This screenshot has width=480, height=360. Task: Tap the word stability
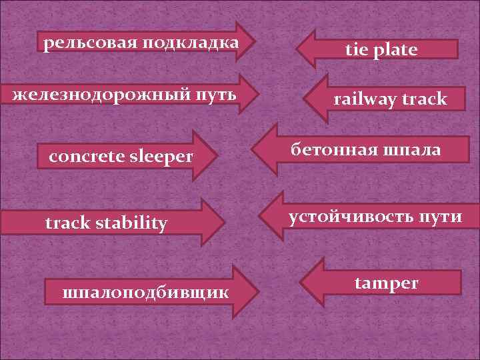(131, 223)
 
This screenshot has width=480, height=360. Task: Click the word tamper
(387, 283)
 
